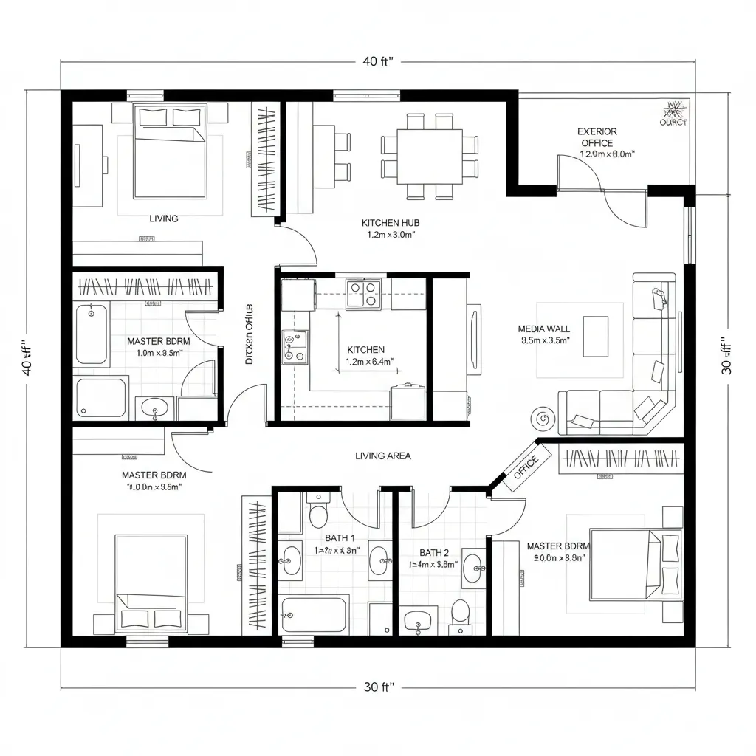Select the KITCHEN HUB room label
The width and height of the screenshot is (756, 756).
click(391, 222)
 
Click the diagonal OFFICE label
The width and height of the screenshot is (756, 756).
click(526, 467)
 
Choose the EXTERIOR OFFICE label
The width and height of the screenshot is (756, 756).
click(597, 137)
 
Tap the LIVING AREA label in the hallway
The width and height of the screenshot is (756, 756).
click(382, 456)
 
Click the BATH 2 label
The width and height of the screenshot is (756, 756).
click(434, 552)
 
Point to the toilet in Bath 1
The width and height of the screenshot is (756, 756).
click(319, 512)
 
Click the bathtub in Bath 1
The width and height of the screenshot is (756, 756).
click(315, 614)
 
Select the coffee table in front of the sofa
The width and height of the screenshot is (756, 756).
click(595, 336)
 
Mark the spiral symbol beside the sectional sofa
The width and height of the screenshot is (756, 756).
click(543, 419)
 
